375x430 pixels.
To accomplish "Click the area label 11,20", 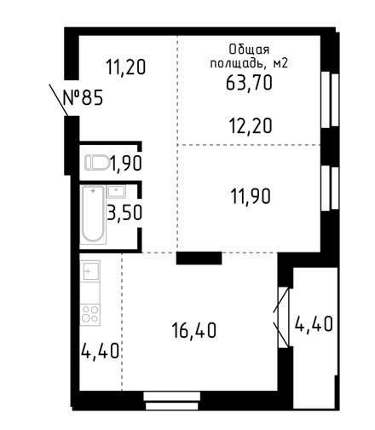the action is [125, 67].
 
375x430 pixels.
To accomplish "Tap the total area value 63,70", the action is [249, 83].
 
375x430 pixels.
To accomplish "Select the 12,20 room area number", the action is [251, 126].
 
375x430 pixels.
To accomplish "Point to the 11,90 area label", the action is [251, 196].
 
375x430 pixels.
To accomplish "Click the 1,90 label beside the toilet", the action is [126, 163].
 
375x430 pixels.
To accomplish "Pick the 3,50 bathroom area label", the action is [124, 212].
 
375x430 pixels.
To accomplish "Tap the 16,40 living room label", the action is [194, 330].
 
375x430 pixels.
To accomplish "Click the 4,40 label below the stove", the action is [100, 351].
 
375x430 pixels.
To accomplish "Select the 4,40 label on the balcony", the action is [314, 324].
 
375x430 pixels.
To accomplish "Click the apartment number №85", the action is [83, 97].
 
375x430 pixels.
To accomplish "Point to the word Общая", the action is [249, 49].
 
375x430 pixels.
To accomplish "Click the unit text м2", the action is [280, 63].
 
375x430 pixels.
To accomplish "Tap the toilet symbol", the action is [97, 163].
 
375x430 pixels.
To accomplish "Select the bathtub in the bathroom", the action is [93, 214].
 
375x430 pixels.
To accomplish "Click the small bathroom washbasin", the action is [116, 191].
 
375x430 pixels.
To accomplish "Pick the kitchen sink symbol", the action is [90, 271].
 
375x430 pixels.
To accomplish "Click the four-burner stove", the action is [89, 315].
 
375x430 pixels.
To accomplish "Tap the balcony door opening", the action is [284, 317].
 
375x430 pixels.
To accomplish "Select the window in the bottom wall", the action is [171, 401].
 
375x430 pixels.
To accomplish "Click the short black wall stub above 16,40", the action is [199, 259].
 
